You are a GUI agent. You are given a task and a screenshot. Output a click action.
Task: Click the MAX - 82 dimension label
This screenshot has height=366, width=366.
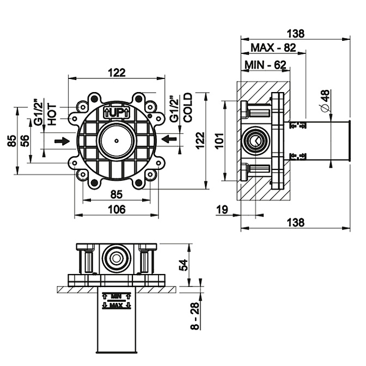tap(273, 48)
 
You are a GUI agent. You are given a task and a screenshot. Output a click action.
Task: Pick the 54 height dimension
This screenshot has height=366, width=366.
tap(184, 265)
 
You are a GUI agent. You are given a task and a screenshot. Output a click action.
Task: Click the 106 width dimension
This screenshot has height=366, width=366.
tap(116, 209)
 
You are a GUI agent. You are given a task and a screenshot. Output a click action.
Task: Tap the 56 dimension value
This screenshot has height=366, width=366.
tap(25, 141)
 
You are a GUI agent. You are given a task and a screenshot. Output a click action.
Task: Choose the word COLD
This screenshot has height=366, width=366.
tap(188, 107)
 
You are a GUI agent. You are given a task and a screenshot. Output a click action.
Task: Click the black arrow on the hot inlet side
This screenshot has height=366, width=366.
tap(63, 141)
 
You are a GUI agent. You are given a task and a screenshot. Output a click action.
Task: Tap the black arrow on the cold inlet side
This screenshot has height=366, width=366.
tap(170, 140)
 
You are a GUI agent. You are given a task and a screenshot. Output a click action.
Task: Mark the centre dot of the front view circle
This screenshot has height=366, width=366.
tap(116, 140)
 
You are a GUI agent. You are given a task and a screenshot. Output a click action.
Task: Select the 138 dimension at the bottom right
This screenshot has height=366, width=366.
tap(294, 222)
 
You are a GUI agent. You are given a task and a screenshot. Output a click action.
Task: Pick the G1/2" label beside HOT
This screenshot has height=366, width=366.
tap(38, 112)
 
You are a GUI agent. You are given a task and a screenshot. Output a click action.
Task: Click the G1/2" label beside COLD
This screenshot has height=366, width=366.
tap(173, 108)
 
